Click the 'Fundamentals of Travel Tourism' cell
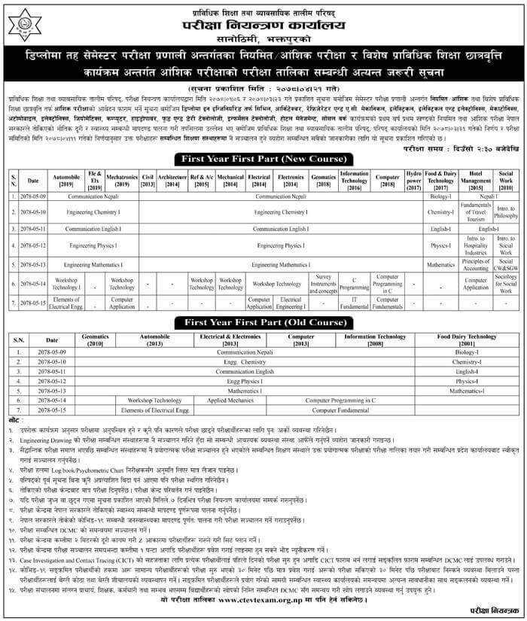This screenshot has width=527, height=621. click(x=475, y=212)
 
